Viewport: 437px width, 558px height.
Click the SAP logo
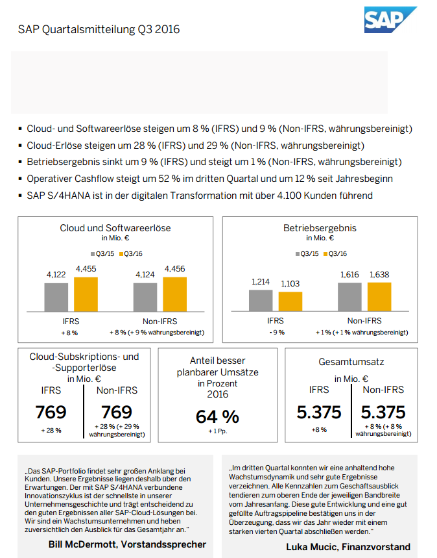click(390, 19)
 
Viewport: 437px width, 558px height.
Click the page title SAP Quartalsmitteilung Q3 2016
click(99, 29)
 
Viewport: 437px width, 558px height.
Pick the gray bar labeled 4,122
click(56, 297)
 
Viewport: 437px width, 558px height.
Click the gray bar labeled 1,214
click(261, 301)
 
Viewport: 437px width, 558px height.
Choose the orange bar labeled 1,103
click(290, 302)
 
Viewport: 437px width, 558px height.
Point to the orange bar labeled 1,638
click(379, 297)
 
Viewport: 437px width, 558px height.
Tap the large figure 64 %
click(217, 416)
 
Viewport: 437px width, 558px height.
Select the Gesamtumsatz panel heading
click(351, 361)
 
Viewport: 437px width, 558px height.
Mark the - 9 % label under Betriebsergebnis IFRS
click(276, 332)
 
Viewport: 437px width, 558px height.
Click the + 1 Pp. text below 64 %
click(217, 431)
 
